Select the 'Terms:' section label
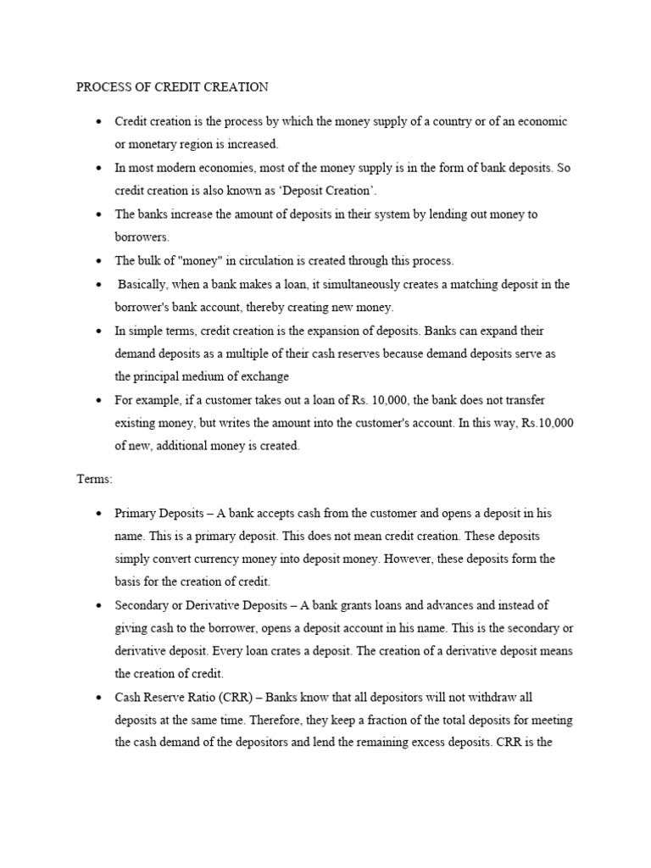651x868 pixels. coord(94,479)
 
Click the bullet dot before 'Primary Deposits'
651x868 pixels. coord(99,515)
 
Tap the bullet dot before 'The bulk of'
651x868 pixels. coord(99,261)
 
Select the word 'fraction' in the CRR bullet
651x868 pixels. coord(392,721)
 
